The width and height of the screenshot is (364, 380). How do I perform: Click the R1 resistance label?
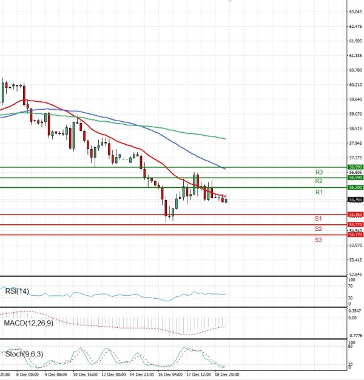[318, 192]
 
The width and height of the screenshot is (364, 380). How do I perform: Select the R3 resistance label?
[318, 172]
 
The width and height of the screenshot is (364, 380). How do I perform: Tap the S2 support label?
[318, 229]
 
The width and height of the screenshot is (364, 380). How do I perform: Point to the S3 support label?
[318, 240]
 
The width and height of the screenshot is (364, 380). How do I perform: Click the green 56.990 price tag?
[355, 167]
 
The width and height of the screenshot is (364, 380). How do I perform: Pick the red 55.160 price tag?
[355, 215]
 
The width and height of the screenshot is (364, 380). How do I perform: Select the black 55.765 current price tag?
[355, 199]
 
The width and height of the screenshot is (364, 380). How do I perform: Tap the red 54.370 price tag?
[355, 235]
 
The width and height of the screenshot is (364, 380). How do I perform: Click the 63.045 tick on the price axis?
[356, 12]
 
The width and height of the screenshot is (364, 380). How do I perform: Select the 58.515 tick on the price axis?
[356, 128]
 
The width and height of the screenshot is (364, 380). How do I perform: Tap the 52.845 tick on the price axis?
[356, 275]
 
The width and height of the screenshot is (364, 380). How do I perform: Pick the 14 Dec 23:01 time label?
[141, 375]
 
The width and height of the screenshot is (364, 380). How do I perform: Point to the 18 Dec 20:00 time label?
[227, 375]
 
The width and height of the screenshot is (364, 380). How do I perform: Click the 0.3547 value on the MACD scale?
[356, 310]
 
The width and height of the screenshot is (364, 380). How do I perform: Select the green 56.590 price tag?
[355, 178]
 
